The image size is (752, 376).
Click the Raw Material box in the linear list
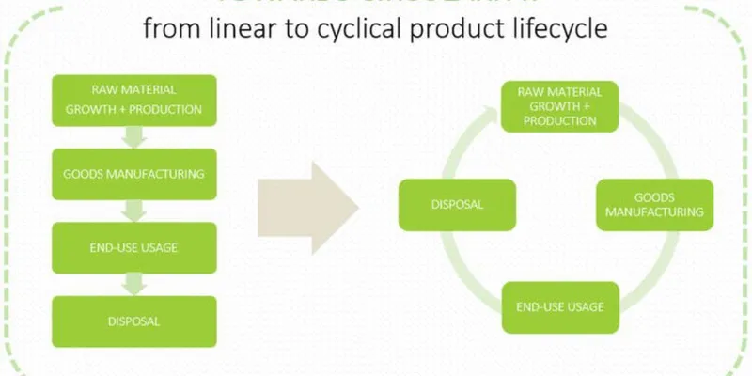click(133, 100)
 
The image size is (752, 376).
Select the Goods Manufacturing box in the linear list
click(133, 175)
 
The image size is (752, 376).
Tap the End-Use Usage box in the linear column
click(133, 247)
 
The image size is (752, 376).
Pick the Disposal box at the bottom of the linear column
click(133, 321)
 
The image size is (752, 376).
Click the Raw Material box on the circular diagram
click(554, 106)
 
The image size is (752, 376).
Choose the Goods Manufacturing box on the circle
click(654, 205)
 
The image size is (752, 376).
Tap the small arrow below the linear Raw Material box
click(134, 137)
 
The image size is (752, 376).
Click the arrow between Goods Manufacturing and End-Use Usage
click(134, 211)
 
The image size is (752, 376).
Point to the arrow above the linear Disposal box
click(134, 284)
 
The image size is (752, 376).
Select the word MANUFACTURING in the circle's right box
click(654, 212)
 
